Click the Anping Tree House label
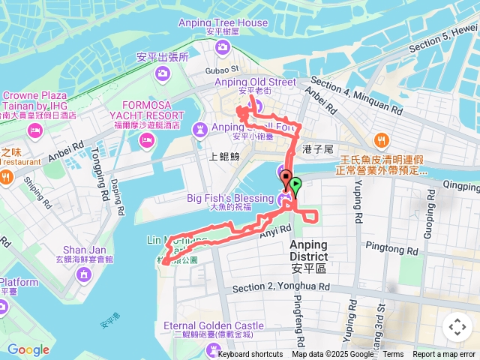pos(223,22)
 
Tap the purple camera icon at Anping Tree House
pos(223,48)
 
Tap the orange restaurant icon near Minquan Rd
pos(382,140)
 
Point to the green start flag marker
pos(295,184)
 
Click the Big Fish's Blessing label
pos(230,198)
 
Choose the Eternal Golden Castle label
pos(214,325)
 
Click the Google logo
pos(28,349)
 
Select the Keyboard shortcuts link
pos(250,355)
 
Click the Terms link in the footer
pos(393,355)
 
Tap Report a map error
pos(445,355)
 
